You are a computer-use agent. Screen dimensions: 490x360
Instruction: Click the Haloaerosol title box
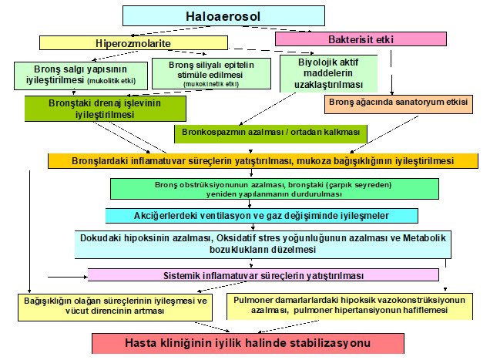(223, 16)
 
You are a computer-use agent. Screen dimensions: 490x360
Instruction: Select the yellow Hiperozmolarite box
(133, 43)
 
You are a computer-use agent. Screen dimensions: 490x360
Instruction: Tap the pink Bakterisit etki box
(361, 39)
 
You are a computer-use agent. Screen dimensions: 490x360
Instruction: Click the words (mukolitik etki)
(112, 81)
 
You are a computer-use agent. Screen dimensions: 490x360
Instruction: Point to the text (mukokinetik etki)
(211, 84)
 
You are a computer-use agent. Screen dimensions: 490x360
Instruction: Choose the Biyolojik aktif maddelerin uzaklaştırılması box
(328, 73)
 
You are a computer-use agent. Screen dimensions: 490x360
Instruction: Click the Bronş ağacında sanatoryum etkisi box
(398, 104)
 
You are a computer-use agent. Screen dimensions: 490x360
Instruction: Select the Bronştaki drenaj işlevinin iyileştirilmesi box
(106, 109)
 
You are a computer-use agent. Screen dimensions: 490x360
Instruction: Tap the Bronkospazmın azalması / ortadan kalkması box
(270, 134)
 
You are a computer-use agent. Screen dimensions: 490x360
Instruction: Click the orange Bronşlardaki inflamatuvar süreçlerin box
(263, 161)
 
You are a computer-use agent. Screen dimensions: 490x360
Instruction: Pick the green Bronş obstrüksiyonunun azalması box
(274, 189)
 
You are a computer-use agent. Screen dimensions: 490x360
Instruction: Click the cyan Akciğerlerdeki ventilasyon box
(261, 216)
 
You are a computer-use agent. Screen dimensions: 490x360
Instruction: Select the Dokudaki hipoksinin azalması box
(263, 244)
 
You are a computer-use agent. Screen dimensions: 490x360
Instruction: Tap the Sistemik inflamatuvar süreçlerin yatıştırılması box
(263, 275)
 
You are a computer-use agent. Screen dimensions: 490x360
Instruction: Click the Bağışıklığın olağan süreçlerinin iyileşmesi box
(115, 307)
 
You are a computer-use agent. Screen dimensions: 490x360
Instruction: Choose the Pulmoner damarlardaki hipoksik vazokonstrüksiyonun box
(350, 306)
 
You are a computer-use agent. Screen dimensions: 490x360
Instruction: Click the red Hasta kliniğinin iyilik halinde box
(248, 343)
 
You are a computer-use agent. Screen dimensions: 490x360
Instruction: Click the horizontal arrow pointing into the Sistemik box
(68, 277)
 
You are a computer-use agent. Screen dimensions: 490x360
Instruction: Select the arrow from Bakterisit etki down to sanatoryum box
(391, 72)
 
